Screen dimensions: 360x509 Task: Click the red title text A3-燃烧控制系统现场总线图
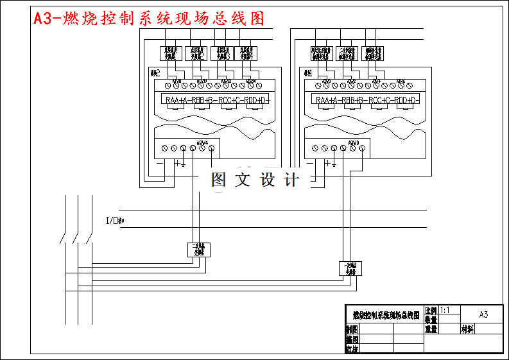point(149,19)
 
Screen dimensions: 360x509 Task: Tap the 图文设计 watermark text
point(255,180)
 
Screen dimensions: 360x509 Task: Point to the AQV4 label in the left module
point(201,142)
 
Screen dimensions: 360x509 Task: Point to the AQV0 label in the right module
point(352,142)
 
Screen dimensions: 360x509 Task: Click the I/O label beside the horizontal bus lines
point(114,221)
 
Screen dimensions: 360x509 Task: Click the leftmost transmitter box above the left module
point(171,53)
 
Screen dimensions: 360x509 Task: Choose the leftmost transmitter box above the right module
point(321,53)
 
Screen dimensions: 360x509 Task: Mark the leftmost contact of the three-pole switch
point(62,238)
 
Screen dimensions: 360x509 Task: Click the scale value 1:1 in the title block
point(444,310)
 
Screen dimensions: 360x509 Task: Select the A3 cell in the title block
point(483,314)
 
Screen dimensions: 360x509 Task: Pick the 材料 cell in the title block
point(468,329)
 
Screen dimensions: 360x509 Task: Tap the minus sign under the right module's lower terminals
point(311,163)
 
